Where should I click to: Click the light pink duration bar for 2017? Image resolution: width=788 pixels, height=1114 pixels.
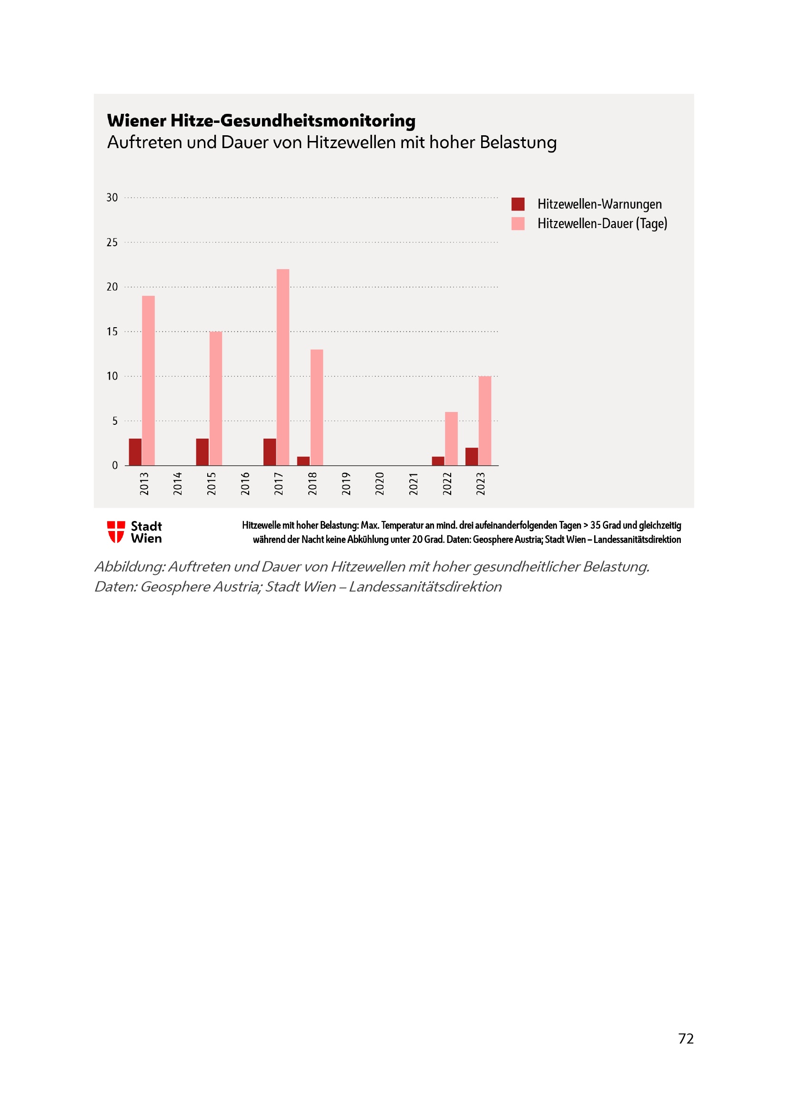[283, 367]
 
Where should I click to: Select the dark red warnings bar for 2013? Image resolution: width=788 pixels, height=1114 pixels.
[135, 452]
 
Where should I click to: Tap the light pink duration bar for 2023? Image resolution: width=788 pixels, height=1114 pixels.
[485, 421]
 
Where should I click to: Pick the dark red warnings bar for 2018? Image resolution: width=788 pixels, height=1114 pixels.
[303, 461]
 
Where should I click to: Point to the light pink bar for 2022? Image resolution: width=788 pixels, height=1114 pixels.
[451, 439]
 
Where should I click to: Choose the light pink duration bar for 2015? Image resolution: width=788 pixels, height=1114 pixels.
[215, 398]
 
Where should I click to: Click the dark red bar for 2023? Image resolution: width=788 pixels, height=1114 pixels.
[472, 457]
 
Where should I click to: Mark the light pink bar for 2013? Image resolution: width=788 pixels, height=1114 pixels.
[149, 381]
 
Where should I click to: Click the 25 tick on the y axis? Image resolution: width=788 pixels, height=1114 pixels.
[112, 242]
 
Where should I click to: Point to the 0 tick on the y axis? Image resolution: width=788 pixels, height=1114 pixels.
[115, 466]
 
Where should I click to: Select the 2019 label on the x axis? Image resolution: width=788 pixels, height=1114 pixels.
[346, 483]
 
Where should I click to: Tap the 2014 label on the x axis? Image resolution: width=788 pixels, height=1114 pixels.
[178, 483]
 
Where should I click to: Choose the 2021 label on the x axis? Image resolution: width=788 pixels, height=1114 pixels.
[414, 483]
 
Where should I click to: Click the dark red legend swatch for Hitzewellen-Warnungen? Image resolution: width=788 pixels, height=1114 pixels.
[518, 204]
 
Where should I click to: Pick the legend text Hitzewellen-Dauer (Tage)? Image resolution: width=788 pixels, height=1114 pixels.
[602, 224]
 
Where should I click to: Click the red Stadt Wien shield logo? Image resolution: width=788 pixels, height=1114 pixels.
[116, 532]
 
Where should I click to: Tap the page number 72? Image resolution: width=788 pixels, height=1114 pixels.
[686, 1039]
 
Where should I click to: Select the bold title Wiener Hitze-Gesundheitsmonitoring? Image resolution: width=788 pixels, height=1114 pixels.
[261, 121]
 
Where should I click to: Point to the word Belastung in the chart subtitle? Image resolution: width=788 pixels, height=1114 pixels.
[518, 143]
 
